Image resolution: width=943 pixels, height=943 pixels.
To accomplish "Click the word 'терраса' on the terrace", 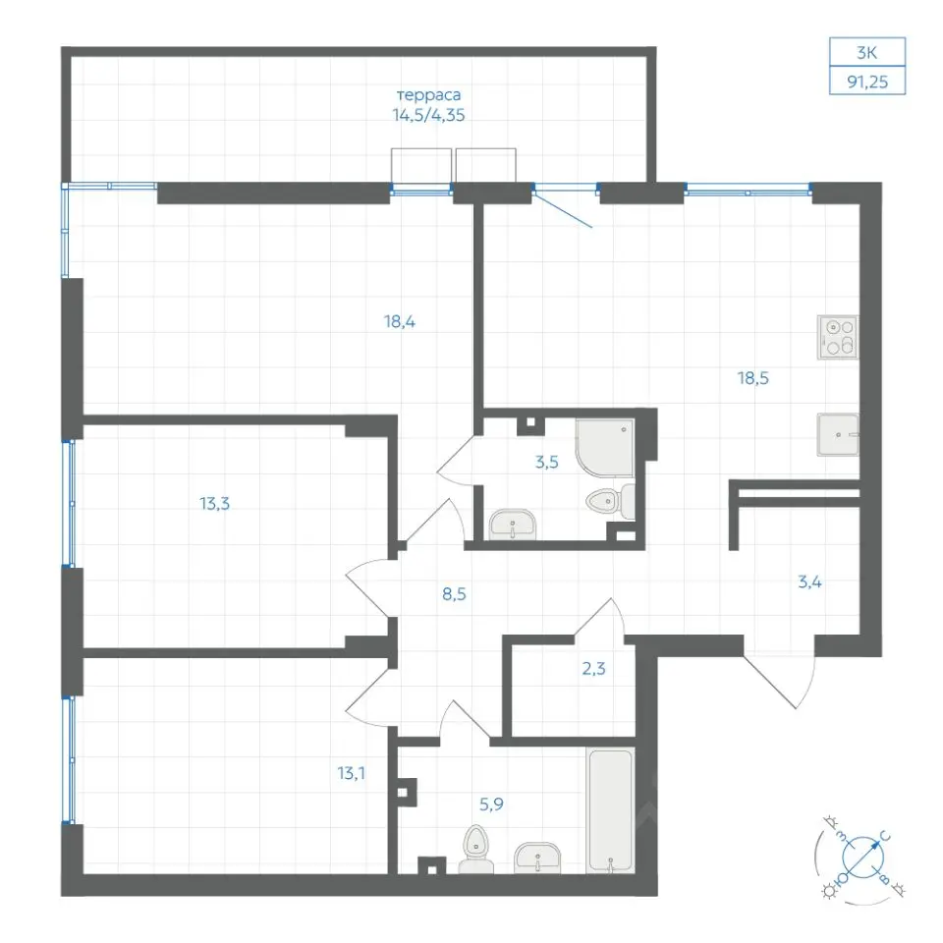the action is click(429, 95).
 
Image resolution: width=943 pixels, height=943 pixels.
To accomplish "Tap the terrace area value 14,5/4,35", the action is click(429, 114).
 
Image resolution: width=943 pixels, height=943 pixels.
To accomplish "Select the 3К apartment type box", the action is click(866, 52).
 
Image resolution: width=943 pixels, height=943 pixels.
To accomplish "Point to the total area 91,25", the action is click(867, 82).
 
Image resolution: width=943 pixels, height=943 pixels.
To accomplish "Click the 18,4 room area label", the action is click(400, 321).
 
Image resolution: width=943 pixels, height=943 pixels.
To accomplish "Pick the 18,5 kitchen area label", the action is click(753, 377).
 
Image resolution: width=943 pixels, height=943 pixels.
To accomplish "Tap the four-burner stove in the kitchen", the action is click(838, 337).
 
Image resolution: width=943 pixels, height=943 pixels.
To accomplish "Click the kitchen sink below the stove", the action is click(838, 434).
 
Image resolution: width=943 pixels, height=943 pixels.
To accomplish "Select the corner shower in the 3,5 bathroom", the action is click(605, 448).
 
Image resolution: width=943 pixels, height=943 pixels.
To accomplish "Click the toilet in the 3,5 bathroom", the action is click(610, 501).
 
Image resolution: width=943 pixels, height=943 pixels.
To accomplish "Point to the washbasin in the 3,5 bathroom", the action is click(513, 525).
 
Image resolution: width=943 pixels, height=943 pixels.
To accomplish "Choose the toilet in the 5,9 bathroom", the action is click(476, 849).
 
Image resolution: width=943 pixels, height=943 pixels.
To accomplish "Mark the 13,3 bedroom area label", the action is click(215, 503).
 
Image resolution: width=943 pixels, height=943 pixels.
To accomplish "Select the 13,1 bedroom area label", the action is click(352, 773).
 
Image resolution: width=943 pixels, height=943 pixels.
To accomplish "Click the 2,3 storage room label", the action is click(593, 668).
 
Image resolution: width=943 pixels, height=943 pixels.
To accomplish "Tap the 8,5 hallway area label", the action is click(454, 594).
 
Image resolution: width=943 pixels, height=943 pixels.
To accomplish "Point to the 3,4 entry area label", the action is click(809, 582).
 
